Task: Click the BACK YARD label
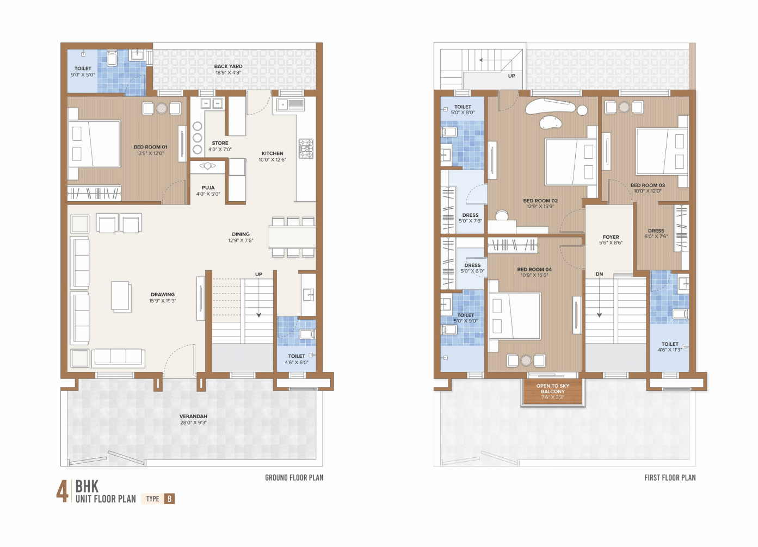(x=228, y=66)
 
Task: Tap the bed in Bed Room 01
(x=94, y=144)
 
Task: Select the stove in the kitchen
(x=306, y=148)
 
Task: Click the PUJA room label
(x=208, y=188)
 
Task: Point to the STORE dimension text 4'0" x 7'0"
(x=220, y=150)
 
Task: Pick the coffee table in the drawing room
(x=121, y=296)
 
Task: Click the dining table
(x=292, y=237)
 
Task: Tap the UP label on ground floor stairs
(x=258, y=274)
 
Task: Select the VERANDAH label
(x=193, y=417)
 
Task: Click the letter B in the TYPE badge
(x=169, y=499)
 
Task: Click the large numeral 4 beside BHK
(x=63, y=492)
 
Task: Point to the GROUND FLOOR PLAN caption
(x=294, y=478)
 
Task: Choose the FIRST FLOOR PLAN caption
(x=670, y=478)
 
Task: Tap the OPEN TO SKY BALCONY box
(x=553, y=391)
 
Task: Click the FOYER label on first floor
(x=611, y=237)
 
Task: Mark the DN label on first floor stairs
(x=599, y=274)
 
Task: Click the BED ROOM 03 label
(x=648, y=185)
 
